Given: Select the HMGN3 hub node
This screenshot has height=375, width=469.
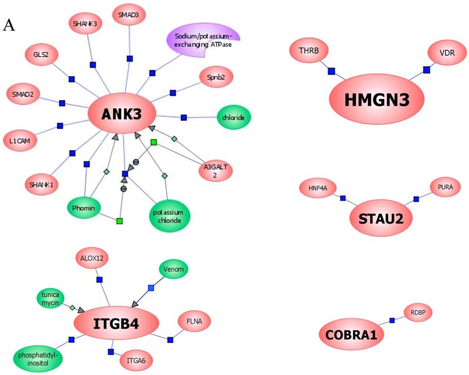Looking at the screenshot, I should [377, 101].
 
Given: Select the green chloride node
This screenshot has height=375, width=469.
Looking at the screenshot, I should [233, 117].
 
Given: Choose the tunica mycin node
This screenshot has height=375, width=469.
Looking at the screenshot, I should [52, 298].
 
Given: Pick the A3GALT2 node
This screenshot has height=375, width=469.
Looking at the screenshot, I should [215, 171].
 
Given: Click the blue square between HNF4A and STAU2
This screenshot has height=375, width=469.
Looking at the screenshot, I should [342, 198].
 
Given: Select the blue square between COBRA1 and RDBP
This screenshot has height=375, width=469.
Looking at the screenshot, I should [392, 321].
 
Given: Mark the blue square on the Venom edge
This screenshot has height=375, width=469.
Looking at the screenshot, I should [150, 289].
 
